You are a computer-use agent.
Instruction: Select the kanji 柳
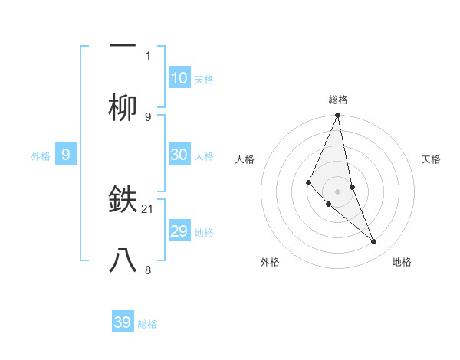(x=123, y=108)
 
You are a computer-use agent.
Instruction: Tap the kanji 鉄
(x=123, y=200)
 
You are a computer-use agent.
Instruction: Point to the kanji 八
(x=123, y=261)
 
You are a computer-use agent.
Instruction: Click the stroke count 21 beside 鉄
(x=149, y=208)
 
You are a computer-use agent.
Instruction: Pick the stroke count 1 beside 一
(x=148, y=55)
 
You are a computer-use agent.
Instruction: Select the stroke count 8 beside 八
(x=148, y=270)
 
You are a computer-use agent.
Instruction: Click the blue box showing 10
(x=179, y=77)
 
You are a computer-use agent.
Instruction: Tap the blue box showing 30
(x=179, y=154)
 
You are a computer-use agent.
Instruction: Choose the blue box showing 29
(x=179, y=231)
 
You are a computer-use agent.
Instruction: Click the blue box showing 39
(x=123, y=322)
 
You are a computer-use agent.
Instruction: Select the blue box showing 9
(x=66, y=154)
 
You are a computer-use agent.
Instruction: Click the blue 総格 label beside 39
(x=147, y=324)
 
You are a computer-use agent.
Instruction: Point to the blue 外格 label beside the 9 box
(x=41, y=155)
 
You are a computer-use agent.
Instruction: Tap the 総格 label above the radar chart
(x=338, y=100)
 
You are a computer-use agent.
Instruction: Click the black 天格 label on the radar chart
(x=432, y=159)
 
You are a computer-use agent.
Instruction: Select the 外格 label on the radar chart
(x=271, y=262)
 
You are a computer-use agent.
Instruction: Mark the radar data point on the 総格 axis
(x=338, y=116)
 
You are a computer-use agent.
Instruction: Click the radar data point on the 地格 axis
(x=374, y=242)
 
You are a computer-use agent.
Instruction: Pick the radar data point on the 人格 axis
(x=308, y=182)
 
